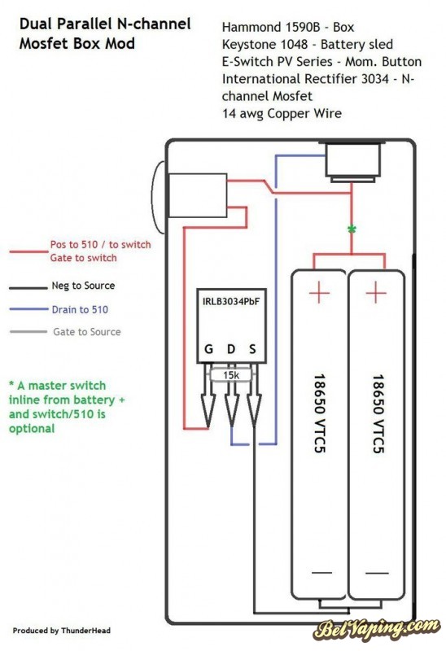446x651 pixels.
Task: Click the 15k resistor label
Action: (231, 375)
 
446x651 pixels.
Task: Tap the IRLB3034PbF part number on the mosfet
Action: (231, 302)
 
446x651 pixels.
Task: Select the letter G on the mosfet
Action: (209, 349)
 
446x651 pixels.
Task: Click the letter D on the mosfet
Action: (231, 349)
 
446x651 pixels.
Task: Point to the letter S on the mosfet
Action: (252, 349)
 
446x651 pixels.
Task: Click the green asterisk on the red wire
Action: (352, 229)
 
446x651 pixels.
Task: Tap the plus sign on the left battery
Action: (319, 292)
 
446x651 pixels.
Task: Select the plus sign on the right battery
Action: (376, 292)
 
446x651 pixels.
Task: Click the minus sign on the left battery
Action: (321, 573)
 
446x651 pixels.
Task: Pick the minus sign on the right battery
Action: (377, 573)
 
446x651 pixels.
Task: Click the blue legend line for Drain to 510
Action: (28, 309)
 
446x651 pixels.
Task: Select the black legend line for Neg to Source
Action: (28, 287)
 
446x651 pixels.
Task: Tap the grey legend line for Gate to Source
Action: (28, 331)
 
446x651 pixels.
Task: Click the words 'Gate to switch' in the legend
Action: (84, 258)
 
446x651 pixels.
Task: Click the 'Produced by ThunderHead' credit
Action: (62, 631)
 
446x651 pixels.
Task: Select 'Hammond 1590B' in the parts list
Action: (271, 28)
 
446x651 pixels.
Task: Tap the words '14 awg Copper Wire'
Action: (282, 114)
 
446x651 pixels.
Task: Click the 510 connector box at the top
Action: (353, 162)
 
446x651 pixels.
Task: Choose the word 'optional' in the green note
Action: (32, 429)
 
